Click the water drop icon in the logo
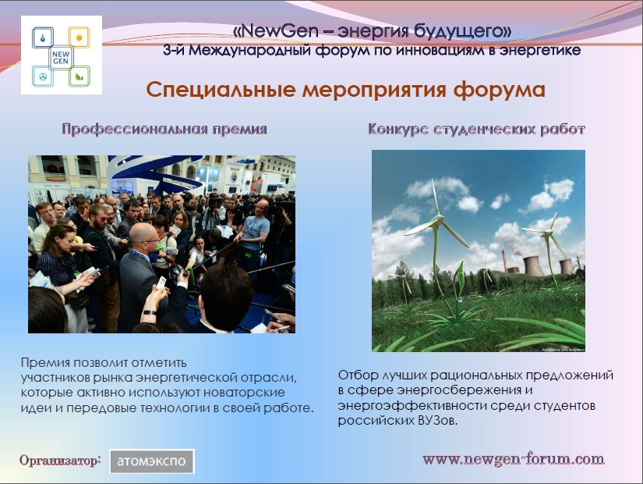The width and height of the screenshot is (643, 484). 43,38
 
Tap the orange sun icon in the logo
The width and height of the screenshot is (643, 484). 79,37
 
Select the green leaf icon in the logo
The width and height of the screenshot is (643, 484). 79,76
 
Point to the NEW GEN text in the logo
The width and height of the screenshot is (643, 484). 61,58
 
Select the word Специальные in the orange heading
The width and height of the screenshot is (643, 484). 221,90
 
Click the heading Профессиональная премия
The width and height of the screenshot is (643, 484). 164,129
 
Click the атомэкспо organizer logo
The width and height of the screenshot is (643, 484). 152,461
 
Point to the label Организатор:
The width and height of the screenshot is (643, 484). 60,461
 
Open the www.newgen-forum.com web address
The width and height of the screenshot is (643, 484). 513,459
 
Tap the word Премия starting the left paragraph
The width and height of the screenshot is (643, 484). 44,363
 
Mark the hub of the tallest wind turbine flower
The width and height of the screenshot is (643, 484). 438,220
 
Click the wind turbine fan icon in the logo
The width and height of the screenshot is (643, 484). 43,77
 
